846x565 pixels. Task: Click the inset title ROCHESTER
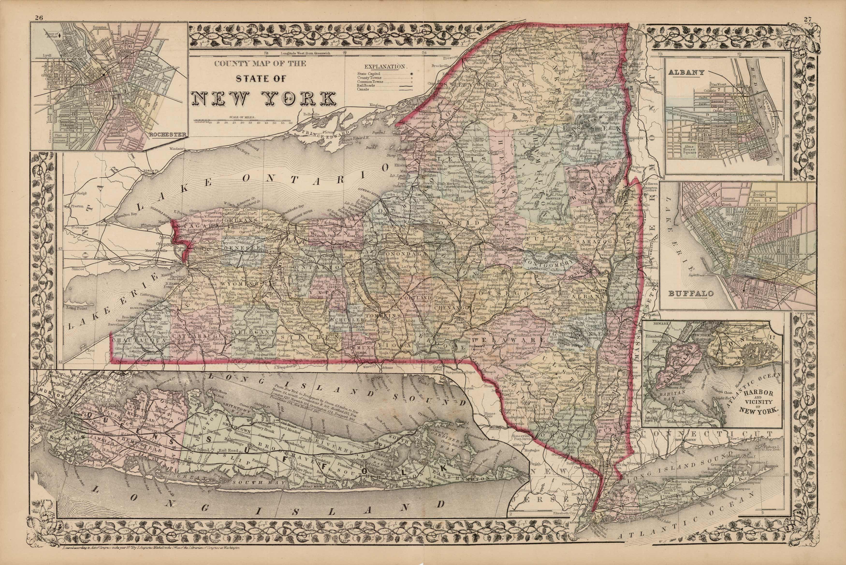click(x=168, y=135)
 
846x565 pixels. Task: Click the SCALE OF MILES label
click(x=242, y=117)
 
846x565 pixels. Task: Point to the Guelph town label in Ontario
click(x=79, y=193)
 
